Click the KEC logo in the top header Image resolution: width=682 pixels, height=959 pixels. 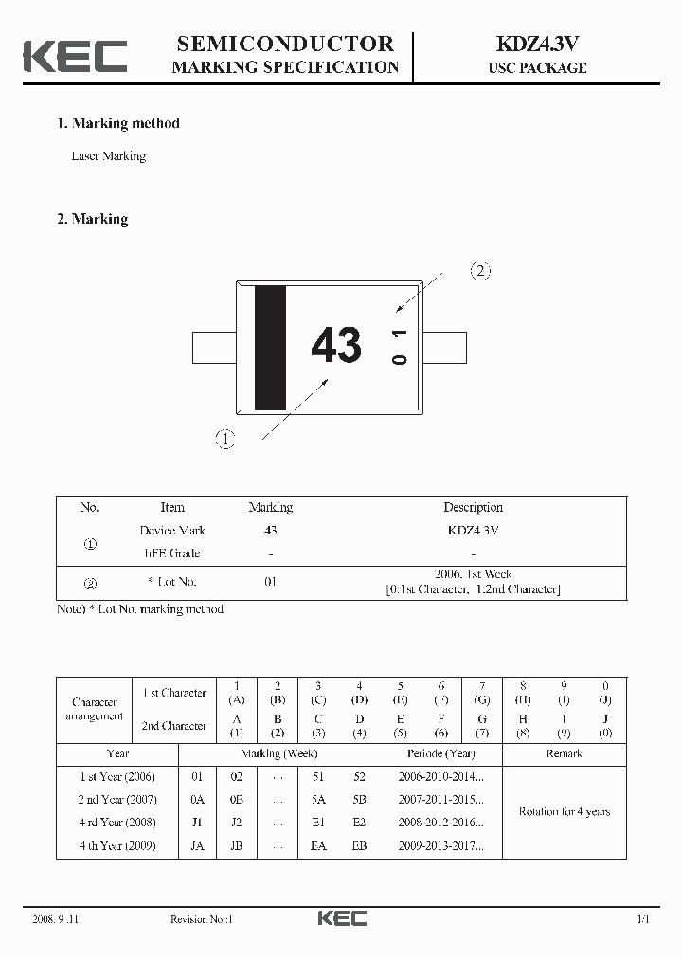coord(75,56)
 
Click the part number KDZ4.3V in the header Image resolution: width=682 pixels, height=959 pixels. coord(537,44)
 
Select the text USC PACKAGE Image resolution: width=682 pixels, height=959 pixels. coord(537,68)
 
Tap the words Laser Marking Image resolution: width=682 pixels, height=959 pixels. coord(108,156)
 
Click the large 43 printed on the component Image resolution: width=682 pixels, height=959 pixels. coord(336,345)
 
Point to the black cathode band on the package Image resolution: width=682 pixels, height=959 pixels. coord(270,347)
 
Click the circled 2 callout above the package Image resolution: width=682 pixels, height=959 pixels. coord(480,271)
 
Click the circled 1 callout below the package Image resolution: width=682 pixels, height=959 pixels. coord(224,439)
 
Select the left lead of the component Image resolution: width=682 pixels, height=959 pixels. coord(213,347)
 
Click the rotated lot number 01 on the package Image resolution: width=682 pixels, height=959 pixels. coord(399,347)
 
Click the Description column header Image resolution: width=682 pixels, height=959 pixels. coord(473,508)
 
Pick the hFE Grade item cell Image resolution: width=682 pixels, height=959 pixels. coord(171,553)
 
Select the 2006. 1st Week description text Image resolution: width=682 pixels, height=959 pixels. coord(473,574)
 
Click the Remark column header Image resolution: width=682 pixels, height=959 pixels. coord(564,754)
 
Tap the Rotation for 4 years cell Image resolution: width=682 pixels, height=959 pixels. coord(564,811)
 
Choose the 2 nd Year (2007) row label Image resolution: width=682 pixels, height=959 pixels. coord(117,800)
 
